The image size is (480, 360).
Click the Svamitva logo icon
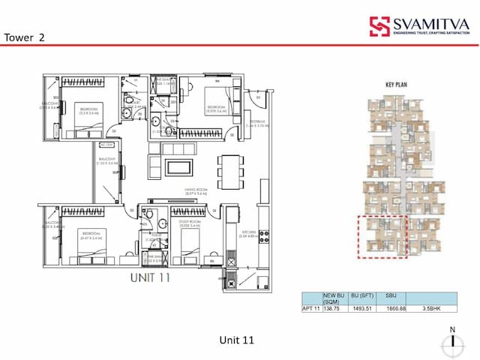pyautogui.click(x=379, y=26)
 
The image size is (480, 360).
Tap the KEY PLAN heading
pyautogui.click(x=394, y=85)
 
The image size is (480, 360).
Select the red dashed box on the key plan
pyautogui.click(x=382, y=237)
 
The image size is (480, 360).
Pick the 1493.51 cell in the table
pyautogui.click(x=361, y=307)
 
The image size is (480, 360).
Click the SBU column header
pyautogui.click(x=391, y=295)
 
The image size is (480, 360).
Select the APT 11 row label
pyautogui.click(x=311, y=307)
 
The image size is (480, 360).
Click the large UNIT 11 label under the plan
pyautogui.click(x=150, y=277)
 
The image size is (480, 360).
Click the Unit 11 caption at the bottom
pyautogui.click(x=236, y=340)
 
